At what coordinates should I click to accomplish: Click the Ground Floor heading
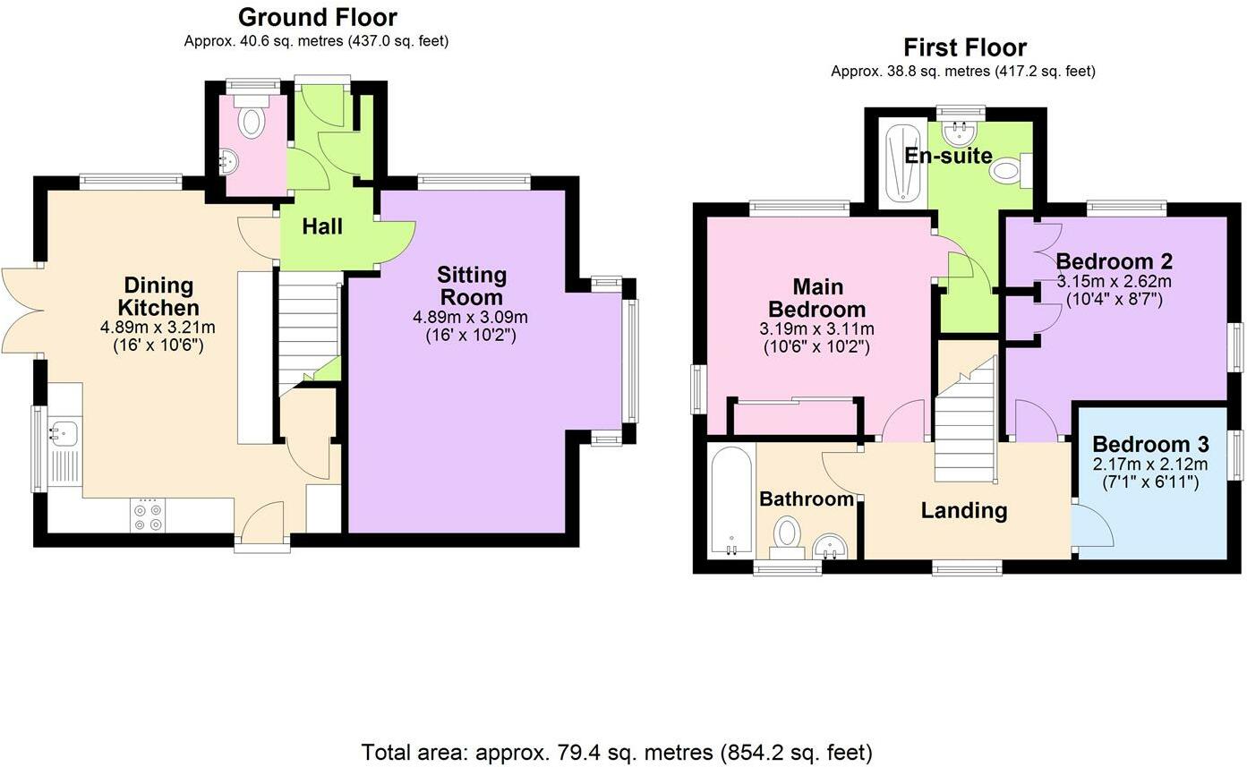point(317,17)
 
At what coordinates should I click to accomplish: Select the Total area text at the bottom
point(616,751)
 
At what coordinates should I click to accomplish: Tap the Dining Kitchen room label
point(158,296)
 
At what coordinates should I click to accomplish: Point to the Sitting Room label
point(472,285)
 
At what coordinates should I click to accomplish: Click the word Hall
point(321,226)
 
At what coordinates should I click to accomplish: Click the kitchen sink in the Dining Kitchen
point(64,433)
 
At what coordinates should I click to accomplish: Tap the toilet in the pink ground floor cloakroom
point(252,120)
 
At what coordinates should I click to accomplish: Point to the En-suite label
point(948,156)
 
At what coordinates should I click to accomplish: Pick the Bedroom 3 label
point(1150,444)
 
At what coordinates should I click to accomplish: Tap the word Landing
point(964,510)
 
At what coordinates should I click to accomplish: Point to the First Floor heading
point(964,47)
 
